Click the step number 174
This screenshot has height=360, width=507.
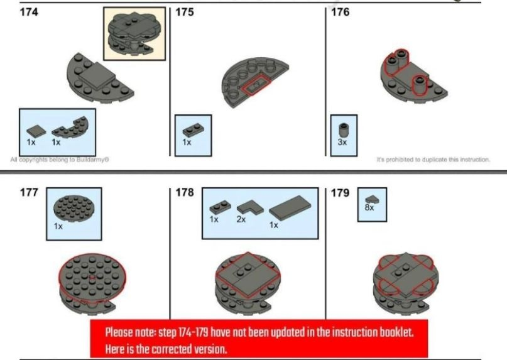coord(29,13)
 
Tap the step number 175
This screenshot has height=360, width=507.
coord(185,13)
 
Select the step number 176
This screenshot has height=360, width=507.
coord(340,13)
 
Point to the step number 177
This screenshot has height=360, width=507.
coord(29,192)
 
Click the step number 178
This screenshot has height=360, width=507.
coord(185,192)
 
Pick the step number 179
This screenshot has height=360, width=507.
coord(340,193)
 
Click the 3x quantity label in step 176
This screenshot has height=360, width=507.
coord(342,143)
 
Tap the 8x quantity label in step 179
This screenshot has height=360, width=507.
coord(369,208)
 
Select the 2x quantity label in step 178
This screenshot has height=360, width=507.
coord(241,219)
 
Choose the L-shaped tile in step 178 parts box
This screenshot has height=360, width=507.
coord(250,207)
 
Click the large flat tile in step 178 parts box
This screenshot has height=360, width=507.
coord(290,208)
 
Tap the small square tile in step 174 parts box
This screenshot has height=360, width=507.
coord(36,131)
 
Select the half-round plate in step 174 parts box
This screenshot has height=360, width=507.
coord(70,127)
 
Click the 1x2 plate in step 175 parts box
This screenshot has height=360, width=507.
coord(193,131)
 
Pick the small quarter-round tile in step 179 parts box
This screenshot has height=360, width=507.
coord(372,200)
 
